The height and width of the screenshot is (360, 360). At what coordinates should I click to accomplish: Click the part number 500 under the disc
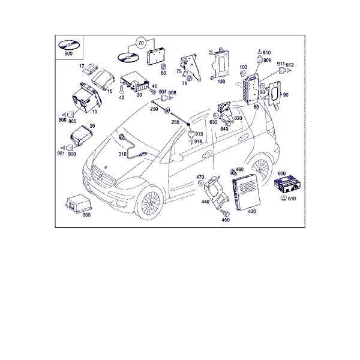[68, 53]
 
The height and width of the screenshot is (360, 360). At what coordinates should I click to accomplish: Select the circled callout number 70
[141, 43]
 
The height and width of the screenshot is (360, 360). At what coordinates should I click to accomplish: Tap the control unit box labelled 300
[78, 203]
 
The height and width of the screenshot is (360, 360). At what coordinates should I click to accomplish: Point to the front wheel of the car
[150, 202]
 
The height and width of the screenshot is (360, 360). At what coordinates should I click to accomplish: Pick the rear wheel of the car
[261, 169]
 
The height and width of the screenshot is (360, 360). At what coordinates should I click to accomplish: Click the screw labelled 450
[224, 212]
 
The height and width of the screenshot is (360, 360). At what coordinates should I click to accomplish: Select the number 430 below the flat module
[252, 211]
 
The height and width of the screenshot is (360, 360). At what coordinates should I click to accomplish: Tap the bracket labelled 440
[216, 193]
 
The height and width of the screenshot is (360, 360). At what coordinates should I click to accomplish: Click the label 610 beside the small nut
[292, 199]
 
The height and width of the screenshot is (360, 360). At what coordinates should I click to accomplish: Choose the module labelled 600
[287, 184]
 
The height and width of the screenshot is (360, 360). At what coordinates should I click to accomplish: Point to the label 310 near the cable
[122, 154]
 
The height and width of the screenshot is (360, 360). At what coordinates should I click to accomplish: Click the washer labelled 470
[200, 183]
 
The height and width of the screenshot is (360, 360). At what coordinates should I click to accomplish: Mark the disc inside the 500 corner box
[68, 45]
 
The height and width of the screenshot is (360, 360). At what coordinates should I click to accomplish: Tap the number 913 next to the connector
[199, 134]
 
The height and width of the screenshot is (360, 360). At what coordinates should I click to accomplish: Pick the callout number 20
[92, 126]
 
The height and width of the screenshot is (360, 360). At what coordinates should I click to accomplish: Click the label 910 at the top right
[267, 53]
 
